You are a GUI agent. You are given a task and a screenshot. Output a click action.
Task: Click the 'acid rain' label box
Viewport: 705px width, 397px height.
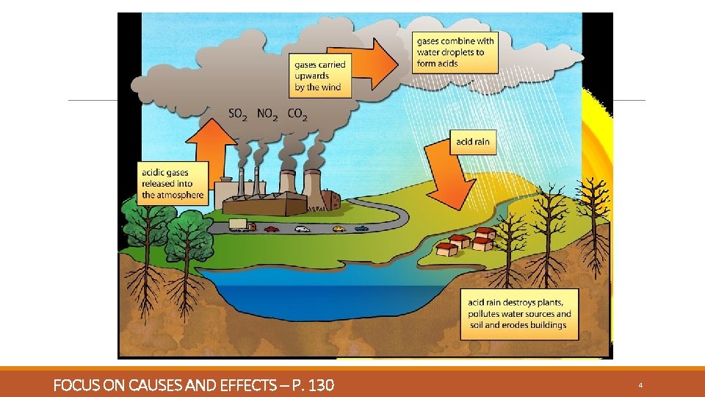[x=472, y=142]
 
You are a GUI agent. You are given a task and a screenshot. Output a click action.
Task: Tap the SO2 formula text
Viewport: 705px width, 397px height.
[x=238, y=114]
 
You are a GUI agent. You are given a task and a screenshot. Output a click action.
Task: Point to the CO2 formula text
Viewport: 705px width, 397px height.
[x=297, y=114]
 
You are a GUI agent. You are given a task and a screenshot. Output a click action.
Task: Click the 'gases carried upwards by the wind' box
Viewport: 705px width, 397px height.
[x=319, y=76]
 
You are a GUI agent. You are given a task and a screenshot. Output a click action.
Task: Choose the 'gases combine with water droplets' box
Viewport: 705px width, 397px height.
[x=455, y=52]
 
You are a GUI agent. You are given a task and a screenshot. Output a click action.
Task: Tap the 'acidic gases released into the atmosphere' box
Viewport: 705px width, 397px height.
[x=173, y=184]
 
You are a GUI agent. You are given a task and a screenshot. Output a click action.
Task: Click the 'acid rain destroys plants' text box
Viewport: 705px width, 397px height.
[x=519, y=314]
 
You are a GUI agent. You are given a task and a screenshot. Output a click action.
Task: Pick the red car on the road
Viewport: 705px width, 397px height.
[x=272, y=229]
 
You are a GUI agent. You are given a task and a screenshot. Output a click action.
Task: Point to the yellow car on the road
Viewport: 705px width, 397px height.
[x=338, y=229]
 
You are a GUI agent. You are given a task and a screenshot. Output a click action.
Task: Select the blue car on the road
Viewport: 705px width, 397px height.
[x=361, y=228]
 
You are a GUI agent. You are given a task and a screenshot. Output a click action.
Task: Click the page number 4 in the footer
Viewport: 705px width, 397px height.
[x=641, y=385]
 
